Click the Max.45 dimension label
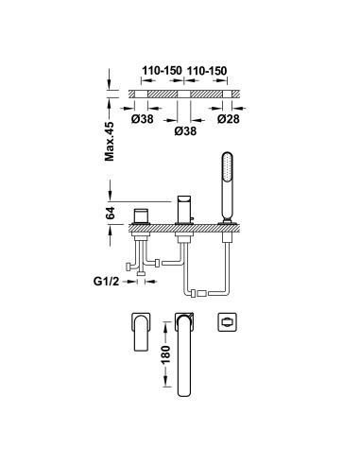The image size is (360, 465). tap(110, 141)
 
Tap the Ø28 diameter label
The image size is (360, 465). tap(229, 119)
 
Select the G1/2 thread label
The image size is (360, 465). tap(106, 281)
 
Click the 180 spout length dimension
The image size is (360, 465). tap(166, 354)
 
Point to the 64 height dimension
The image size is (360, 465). tap(111, 213)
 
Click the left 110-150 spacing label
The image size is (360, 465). tap(162, 71)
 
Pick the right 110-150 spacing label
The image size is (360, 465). tap(207, 71)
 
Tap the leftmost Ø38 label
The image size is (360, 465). tap(143, 119)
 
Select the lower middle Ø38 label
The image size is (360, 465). tap(185, 130)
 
